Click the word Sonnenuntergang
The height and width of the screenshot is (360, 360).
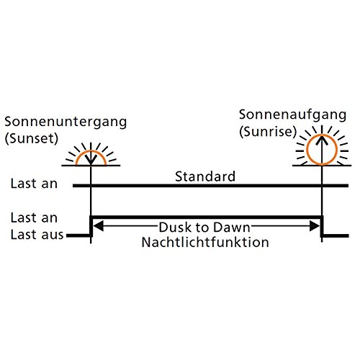coord(66,122)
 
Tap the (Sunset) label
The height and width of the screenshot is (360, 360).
coord(32,138)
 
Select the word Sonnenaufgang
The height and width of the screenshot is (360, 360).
coord(292,115)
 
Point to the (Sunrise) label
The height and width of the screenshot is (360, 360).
coord(268,132)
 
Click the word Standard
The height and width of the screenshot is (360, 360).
coord(205,176)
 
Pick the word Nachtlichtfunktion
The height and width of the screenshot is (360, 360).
coord(205,242)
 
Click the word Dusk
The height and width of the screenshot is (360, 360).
coord(176,227)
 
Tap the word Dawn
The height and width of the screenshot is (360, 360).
coord(232,227)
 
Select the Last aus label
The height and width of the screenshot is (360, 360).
coord(37,235)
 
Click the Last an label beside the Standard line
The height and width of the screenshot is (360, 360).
coord(34,184)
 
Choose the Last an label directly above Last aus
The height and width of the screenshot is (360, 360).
coord(34,218)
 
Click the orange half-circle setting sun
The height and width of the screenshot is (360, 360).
coord(91,151)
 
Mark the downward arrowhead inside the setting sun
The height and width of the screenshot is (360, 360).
coord(91,160)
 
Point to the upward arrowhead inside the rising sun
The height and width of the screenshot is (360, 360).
coord(322,140)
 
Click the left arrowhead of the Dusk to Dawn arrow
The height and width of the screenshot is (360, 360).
coord(98,226)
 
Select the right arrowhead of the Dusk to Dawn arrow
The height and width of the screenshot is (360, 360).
coord(315,226)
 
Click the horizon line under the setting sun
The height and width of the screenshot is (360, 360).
coord(91,166)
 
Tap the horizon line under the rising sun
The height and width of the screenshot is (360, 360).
coord(322,166)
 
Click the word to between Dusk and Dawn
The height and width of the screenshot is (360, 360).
coord(204,228)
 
